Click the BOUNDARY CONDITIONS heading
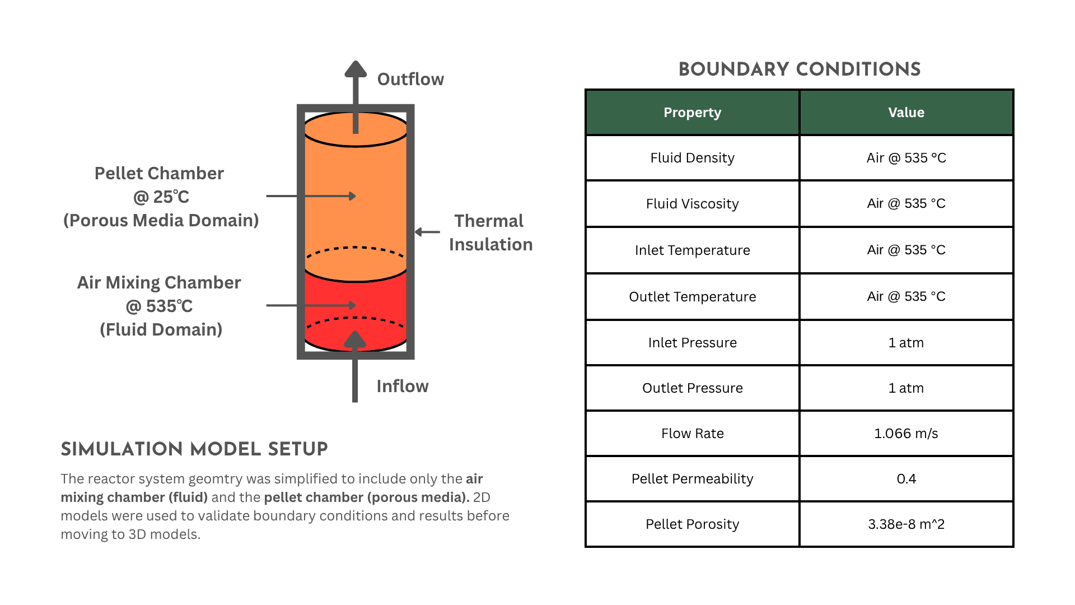799,69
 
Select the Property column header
692,113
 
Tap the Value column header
906,113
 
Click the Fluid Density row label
692,158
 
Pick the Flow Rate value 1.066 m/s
906,434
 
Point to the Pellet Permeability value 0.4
906,479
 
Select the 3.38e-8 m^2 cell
906,524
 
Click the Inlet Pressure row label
692,343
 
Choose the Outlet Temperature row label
692,297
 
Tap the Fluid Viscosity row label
692,204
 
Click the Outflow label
410,80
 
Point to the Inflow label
403,387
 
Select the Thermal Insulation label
490,232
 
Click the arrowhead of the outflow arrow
356,69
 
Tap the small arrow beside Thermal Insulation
427,232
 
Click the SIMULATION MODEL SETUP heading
194,449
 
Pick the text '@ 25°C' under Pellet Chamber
161,197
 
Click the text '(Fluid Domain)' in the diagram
161,329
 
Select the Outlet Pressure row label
692,388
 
